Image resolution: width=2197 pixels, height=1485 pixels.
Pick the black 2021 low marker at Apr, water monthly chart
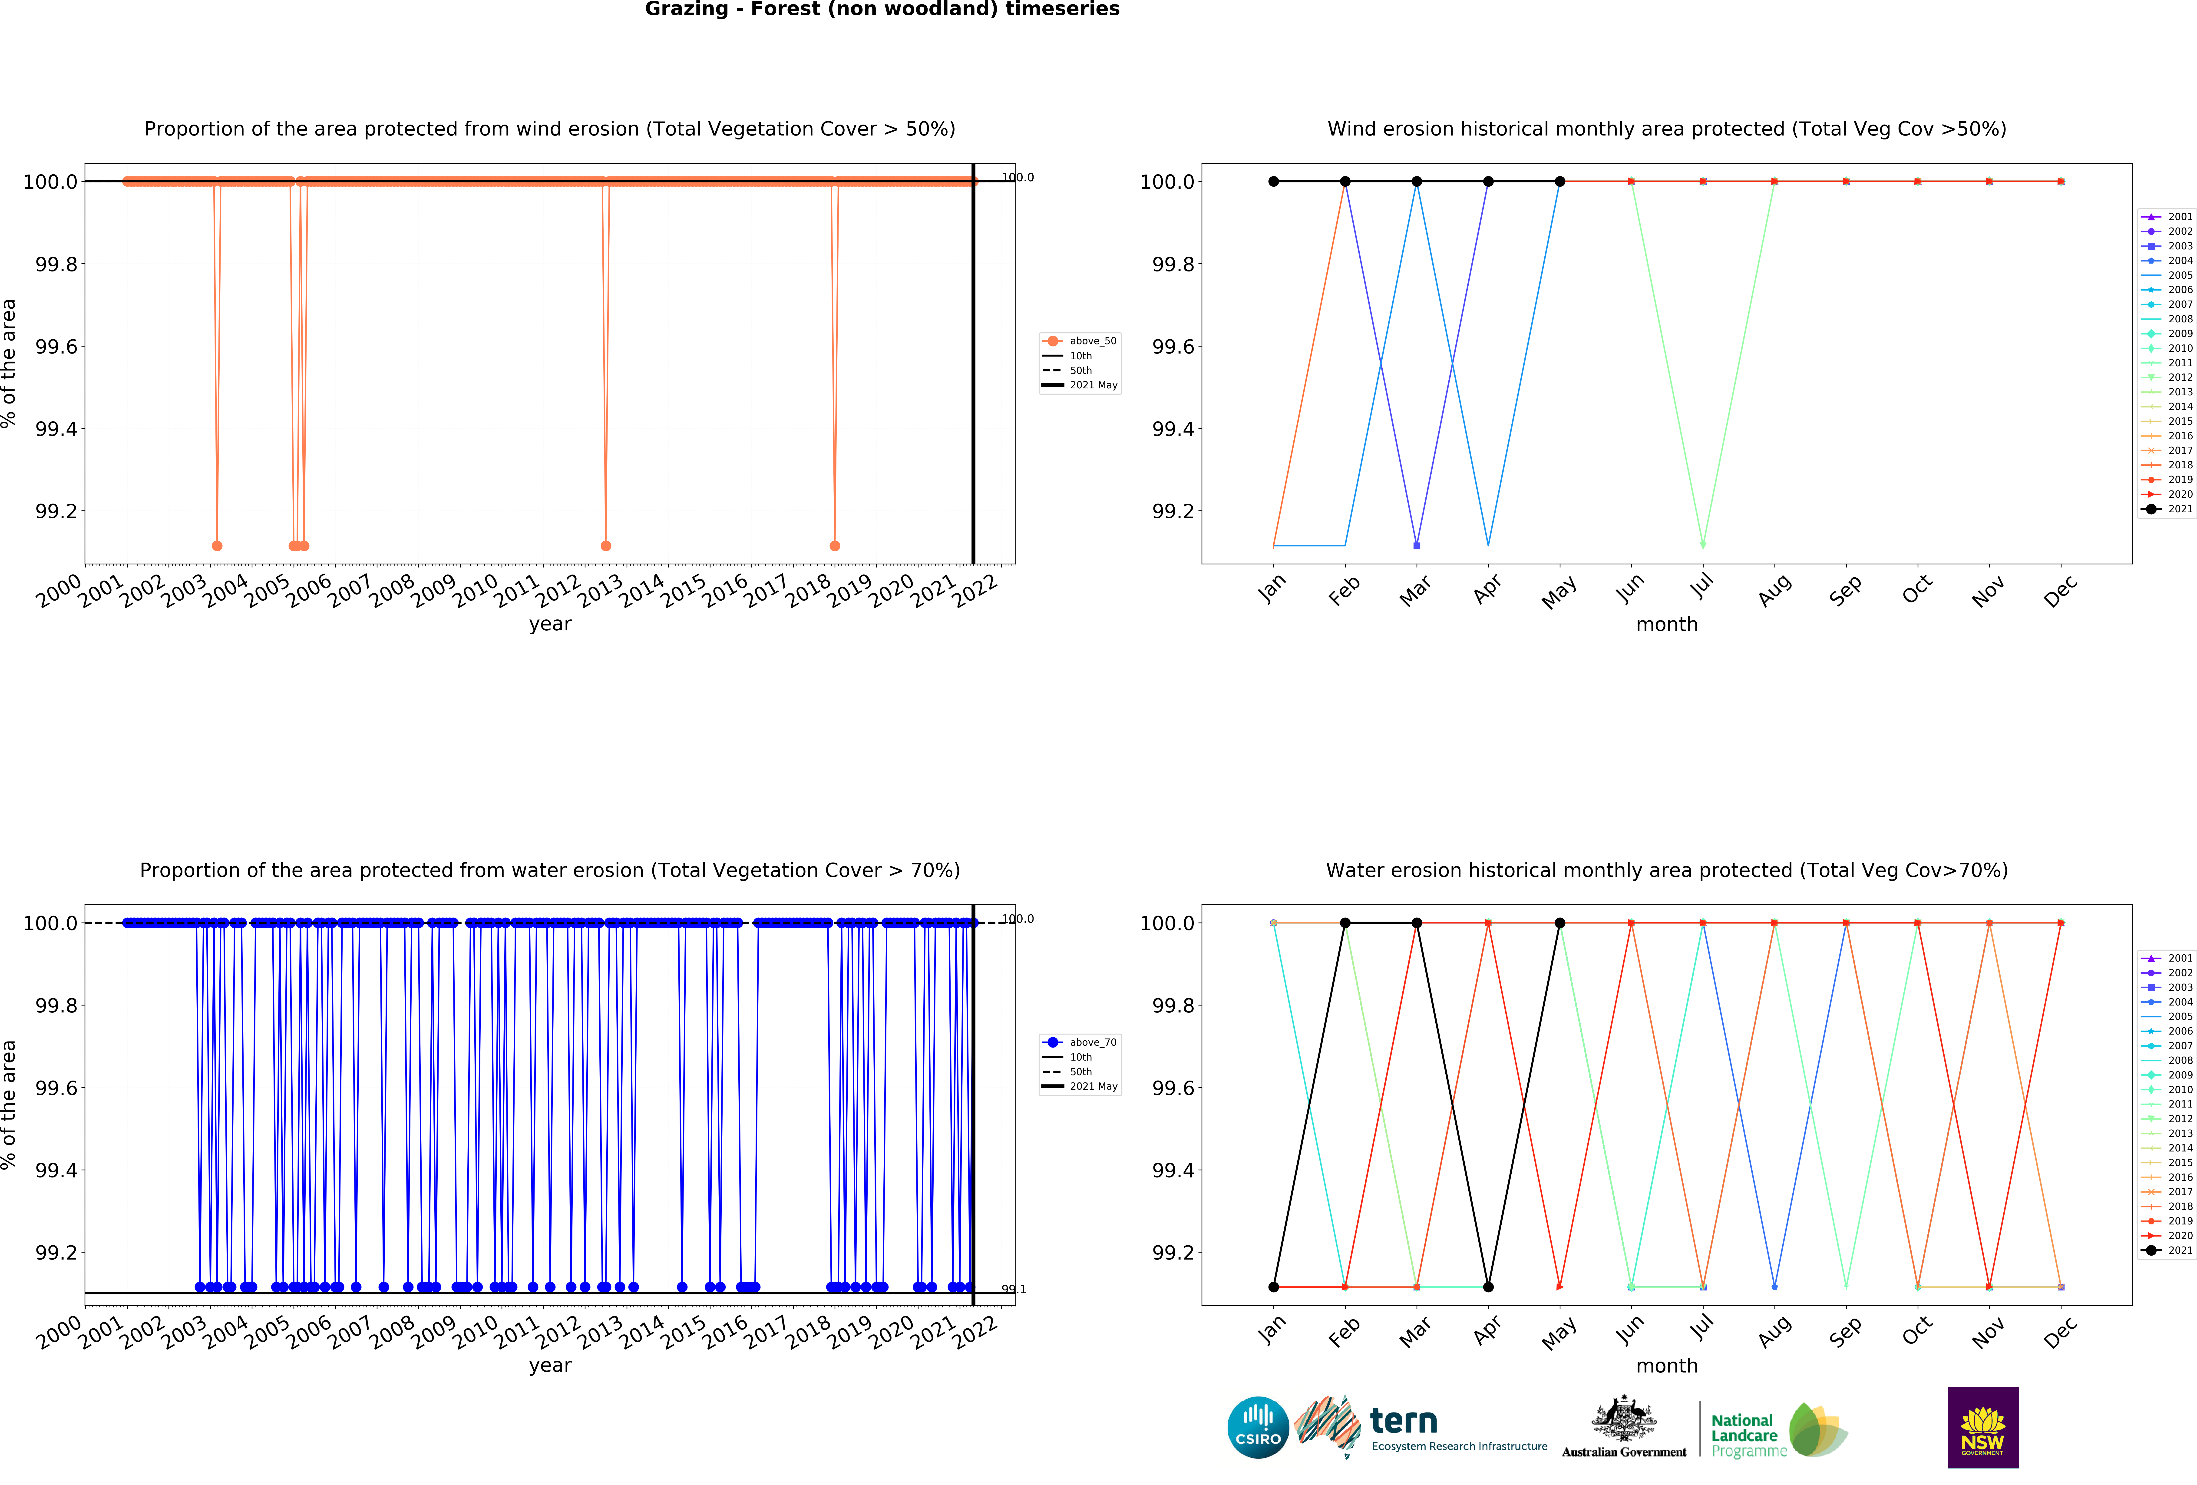click(1488, 1287)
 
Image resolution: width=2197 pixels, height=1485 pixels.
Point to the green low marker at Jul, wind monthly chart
click(1703, 546)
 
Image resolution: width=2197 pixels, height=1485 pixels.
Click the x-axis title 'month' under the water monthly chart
click(1667, 1366)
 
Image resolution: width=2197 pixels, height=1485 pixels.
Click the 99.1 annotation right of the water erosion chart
click(1013, 1289)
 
